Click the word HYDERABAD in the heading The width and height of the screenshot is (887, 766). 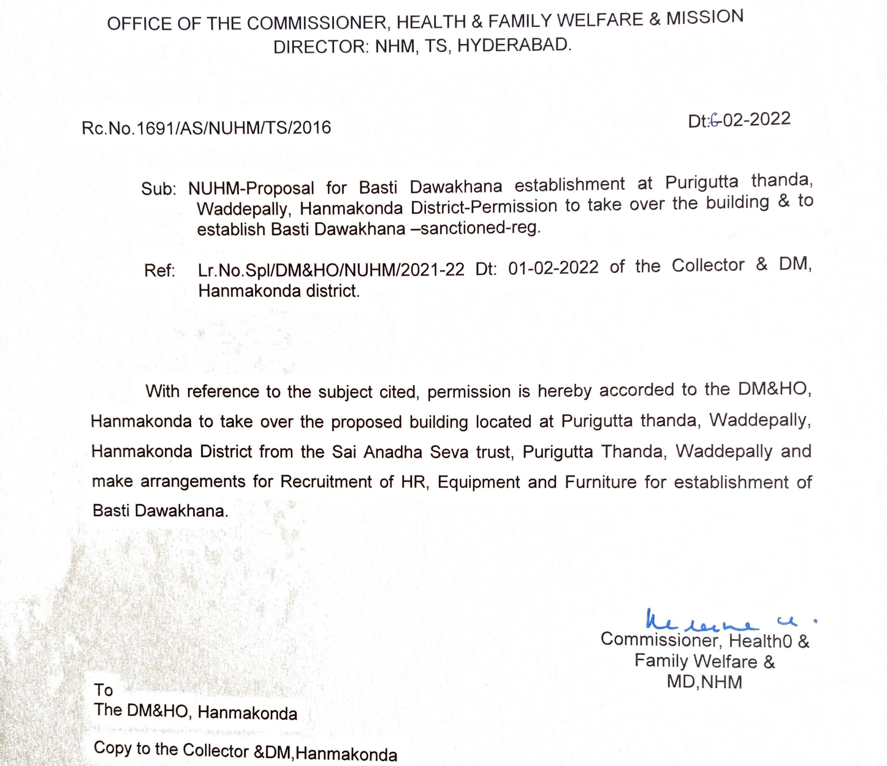click(514, 44)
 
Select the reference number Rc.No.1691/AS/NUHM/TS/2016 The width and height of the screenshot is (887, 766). click(207, 128)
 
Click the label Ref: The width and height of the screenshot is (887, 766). click(160, 271)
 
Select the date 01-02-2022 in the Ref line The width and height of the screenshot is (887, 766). click(553, 268)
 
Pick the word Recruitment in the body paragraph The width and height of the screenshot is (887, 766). click(326, 482)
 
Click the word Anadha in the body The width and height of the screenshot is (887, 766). click(393, 452)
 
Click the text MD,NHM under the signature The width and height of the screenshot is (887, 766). click(704, 682)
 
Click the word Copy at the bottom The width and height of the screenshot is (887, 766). click(113, 748)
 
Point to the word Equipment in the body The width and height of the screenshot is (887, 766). click(478, 482)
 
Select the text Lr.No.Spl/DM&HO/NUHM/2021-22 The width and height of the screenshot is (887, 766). click(331, 269)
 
